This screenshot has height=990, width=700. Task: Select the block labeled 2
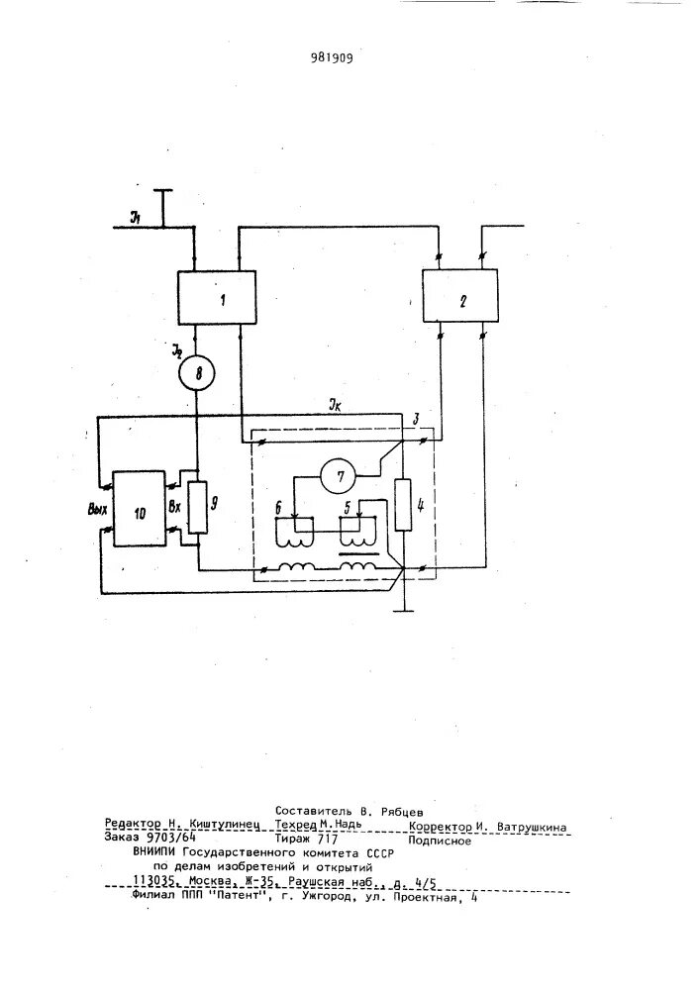[461, 296]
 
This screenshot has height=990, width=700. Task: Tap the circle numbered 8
[196, 373]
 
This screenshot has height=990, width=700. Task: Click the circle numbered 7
[341, 477]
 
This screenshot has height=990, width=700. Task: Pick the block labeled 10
[139, 509]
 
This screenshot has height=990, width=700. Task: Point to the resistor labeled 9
[198, 506]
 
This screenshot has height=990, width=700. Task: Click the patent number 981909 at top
[326, 56]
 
